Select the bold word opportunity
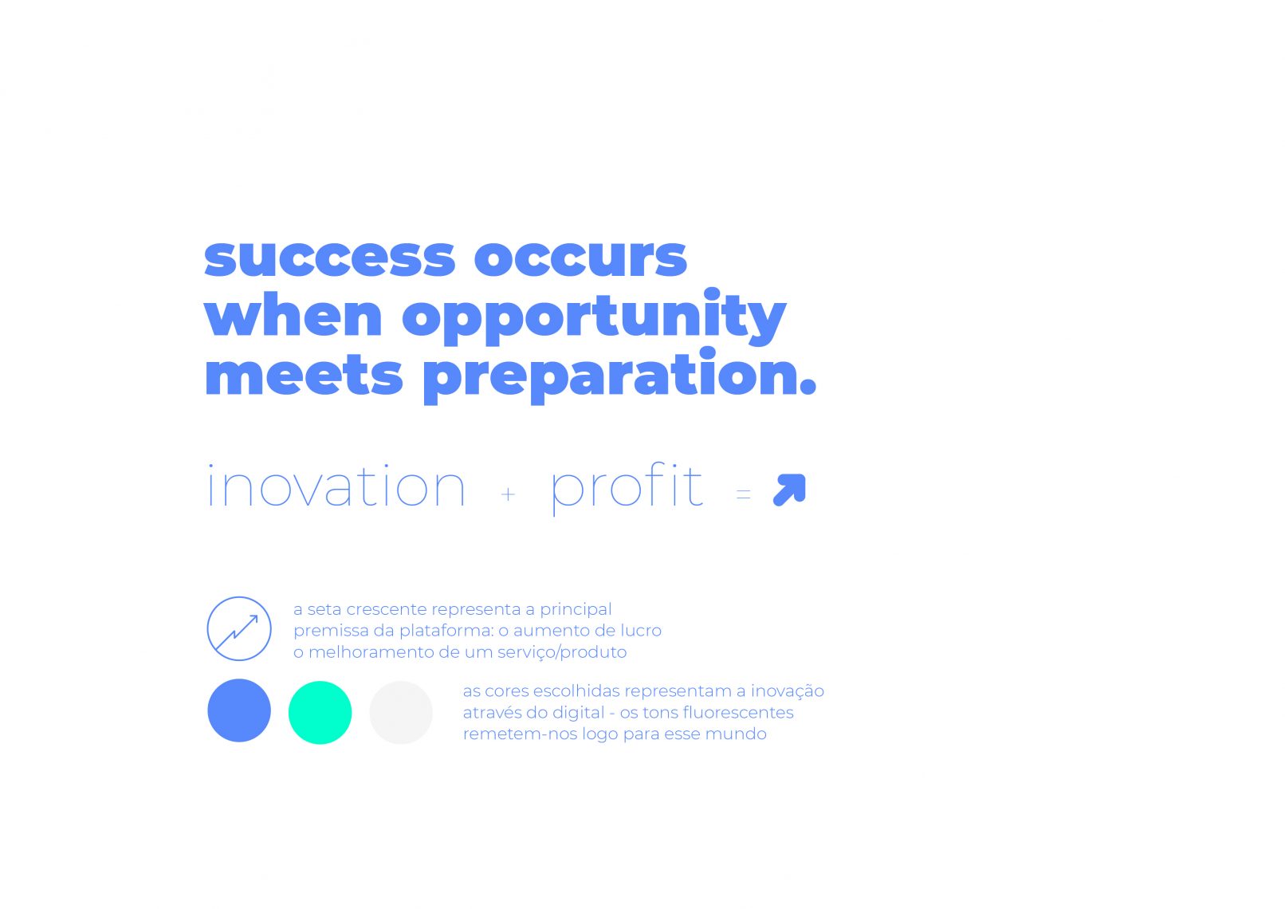[x=594, y=317]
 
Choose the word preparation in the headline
[x=619, y=376]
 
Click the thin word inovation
[x=336, y=486]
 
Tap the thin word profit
[x=627, y=489]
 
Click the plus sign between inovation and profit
[x=508, y=494]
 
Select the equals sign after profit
[x=744, y=494]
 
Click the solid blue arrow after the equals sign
[x=789, y=490]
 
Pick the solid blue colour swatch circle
[x=239, y=710]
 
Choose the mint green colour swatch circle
[x=320, y=713]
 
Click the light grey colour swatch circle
[x=401, y=713]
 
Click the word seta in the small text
[x=324, y=609]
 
